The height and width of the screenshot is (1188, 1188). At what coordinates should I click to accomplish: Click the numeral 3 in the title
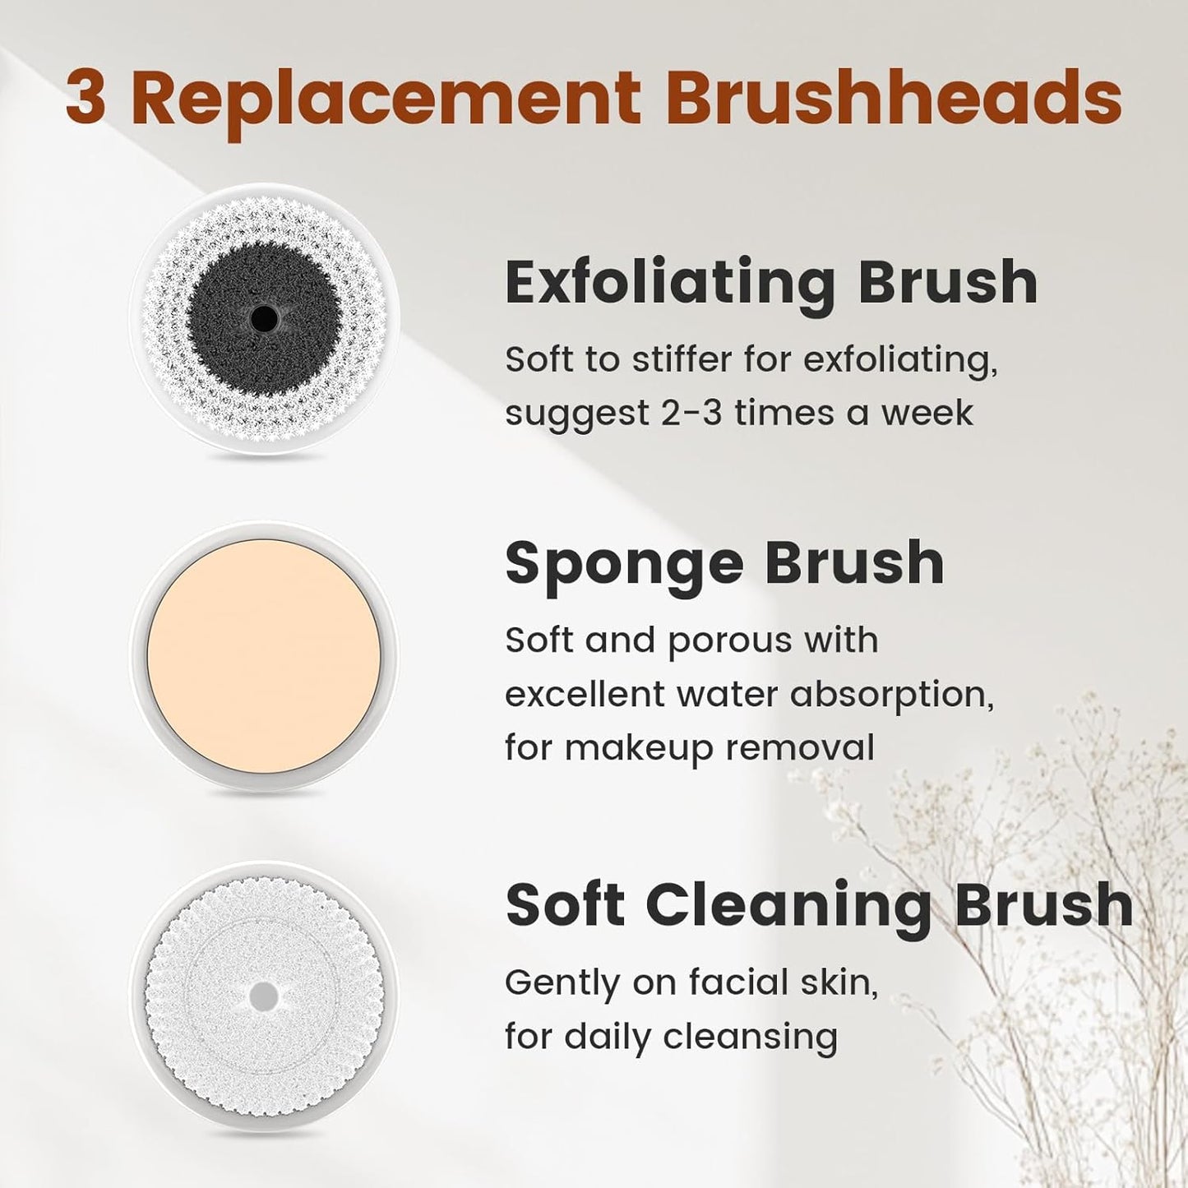(85, 99)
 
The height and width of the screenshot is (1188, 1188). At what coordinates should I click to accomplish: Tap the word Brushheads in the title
(899, 99)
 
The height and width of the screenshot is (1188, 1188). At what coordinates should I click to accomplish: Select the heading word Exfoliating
(670, 284)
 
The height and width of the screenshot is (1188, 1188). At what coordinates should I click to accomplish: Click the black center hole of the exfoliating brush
(265, 317)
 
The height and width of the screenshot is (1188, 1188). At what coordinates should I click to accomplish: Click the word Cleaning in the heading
(789, 905)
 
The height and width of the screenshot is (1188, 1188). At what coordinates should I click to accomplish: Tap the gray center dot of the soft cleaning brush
(264, 996)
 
